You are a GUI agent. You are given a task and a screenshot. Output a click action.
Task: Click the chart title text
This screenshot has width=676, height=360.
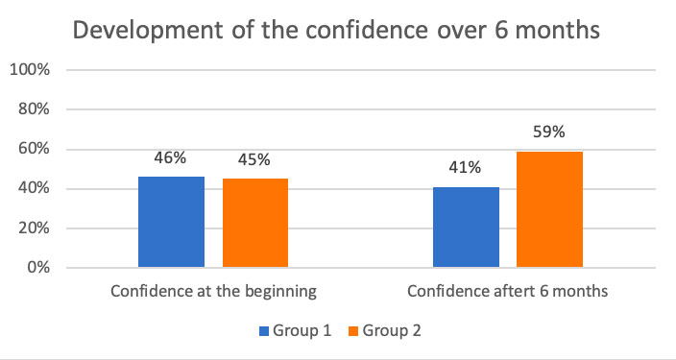(x=337, y=31)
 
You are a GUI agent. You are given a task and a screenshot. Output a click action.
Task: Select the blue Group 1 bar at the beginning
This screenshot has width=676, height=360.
(x=171, y=222)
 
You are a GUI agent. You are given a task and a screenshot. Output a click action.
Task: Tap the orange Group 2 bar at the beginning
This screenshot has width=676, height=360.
(x=255, y=223)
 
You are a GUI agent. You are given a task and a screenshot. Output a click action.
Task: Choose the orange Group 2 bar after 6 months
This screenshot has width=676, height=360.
(x=549, y=209)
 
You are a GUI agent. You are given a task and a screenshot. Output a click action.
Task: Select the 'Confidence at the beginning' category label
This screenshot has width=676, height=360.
(x=213, y=291)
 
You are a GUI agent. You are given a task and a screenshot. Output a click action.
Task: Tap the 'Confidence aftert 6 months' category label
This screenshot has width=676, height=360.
(x=507, y=291)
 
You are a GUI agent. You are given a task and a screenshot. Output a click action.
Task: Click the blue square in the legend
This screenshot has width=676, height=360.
(x=263, y=331)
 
